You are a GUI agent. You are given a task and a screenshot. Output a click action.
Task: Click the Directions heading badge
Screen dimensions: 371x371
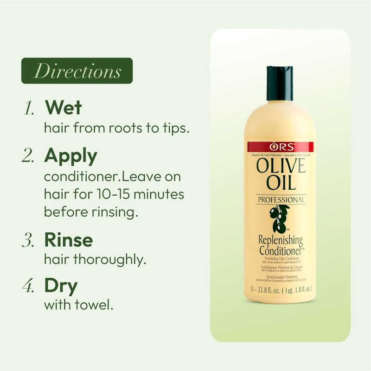pos(77,71)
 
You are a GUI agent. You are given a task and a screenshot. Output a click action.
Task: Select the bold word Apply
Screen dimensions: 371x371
pos(71,156)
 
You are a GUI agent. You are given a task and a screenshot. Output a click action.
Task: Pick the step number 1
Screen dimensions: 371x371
pos(29,108)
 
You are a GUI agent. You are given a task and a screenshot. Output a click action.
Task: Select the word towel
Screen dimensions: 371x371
pos(96,307)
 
